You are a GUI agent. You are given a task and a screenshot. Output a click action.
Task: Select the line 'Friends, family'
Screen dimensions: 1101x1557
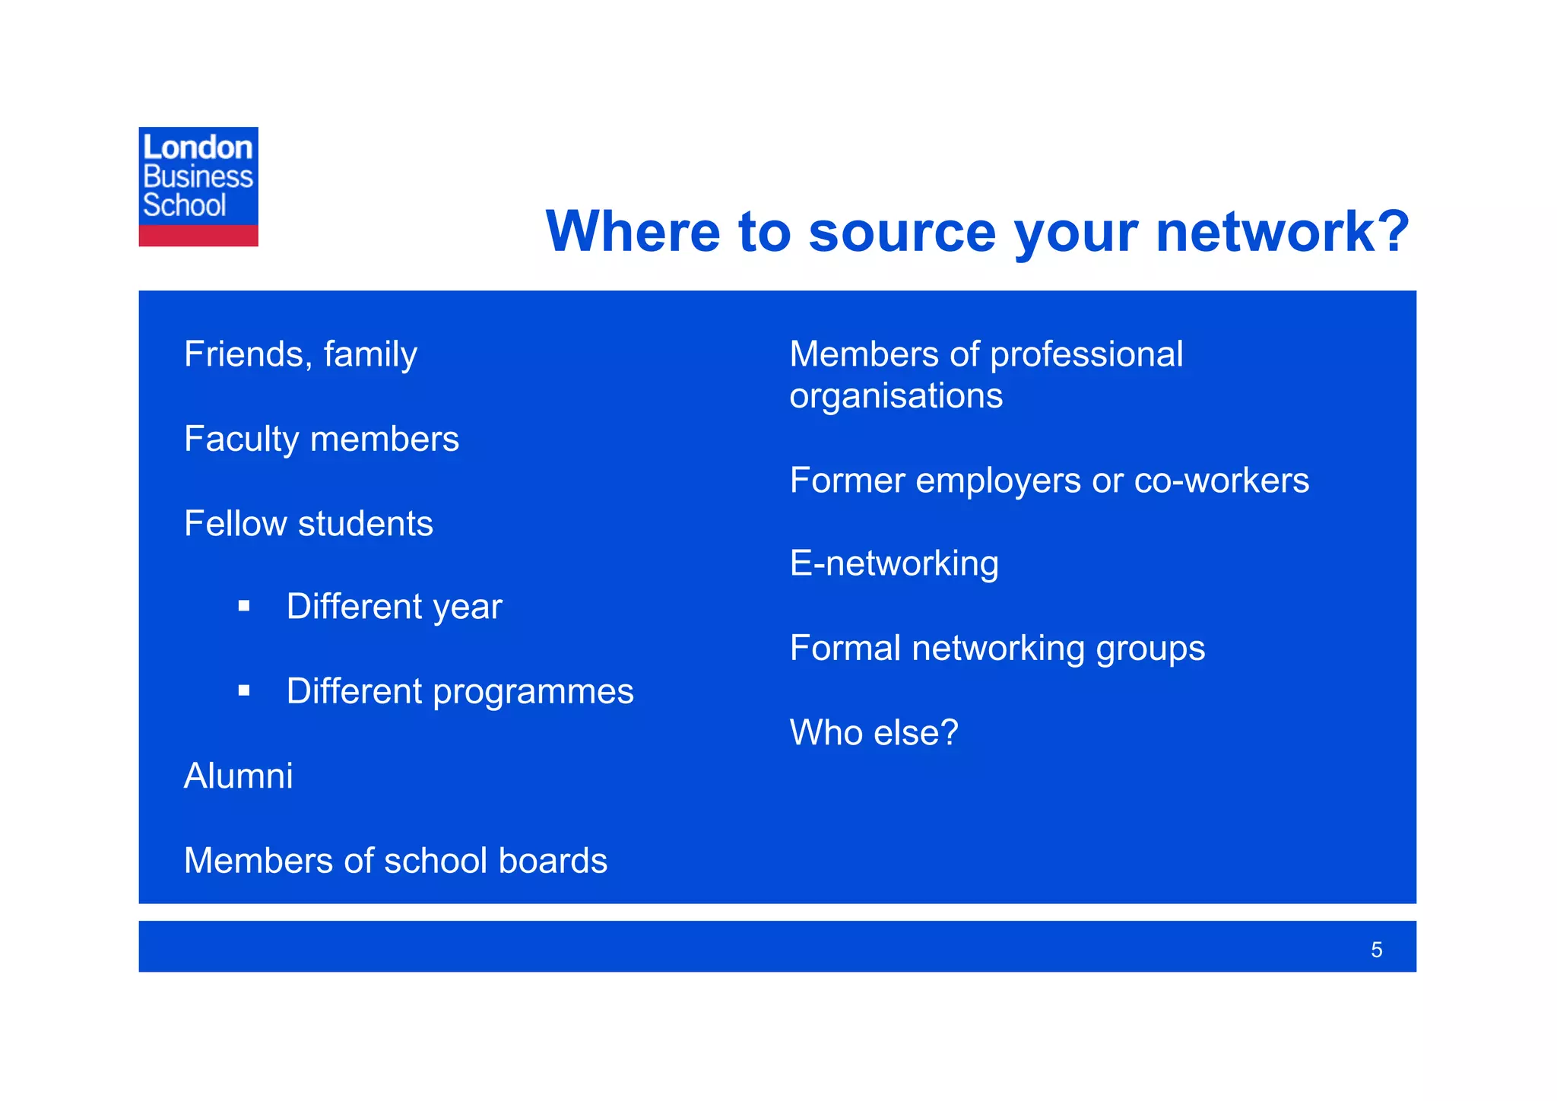(300, 355)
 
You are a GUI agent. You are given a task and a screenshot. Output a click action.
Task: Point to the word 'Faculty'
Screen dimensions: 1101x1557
(241, 439)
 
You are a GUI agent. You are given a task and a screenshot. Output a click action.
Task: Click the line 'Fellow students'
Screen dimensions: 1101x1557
(308, 524)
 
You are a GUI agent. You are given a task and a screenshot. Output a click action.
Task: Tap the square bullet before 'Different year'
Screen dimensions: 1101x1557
(244, 606)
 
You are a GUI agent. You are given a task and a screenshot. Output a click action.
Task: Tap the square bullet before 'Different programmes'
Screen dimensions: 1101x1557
(244, 690)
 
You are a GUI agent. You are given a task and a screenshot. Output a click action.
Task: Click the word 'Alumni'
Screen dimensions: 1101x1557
(238, 776)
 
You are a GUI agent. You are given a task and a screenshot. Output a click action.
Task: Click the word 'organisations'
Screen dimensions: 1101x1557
(896, 396)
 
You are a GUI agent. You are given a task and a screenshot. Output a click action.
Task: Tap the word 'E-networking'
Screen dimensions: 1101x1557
(894, 564)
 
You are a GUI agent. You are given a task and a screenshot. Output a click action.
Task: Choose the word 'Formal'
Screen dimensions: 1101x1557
(845, 649)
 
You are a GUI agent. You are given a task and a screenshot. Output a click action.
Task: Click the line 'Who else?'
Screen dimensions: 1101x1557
(874, 733)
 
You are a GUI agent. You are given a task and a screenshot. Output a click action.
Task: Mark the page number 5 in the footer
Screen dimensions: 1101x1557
(1376, 950)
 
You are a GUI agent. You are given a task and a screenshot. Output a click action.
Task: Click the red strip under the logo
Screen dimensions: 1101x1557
(198, 236)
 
